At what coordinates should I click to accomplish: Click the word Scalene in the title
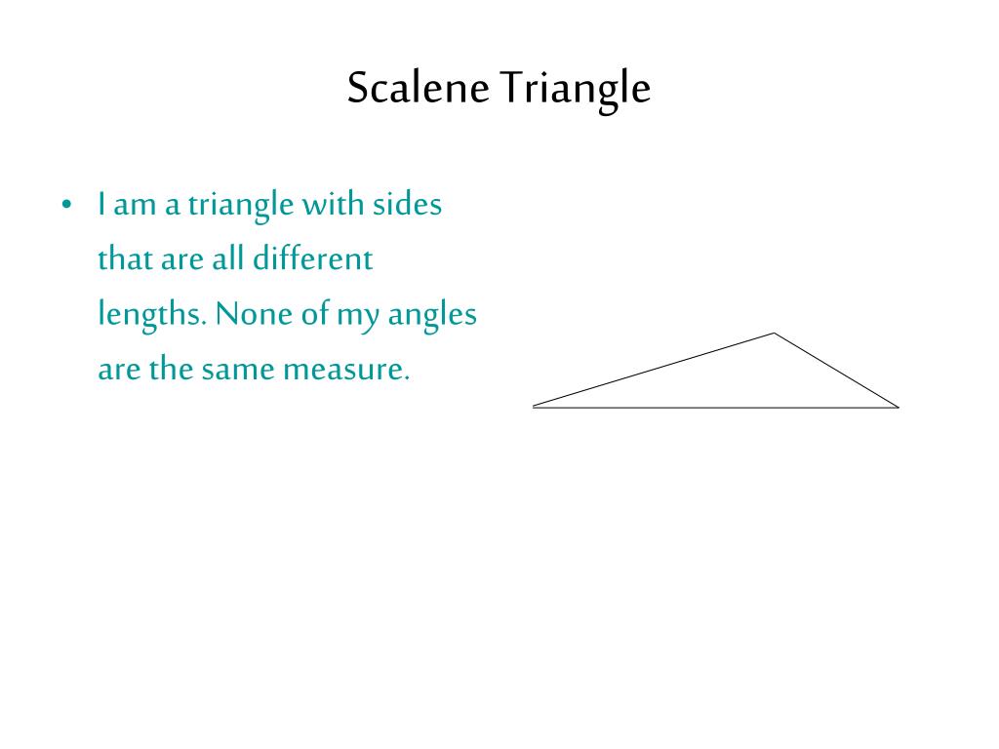[x=420, y=88]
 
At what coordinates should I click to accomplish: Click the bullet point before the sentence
[x=66, y=206]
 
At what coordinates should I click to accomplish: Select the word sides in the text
[x=407, y=205]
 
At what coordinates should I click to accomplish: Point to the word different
[x=312, y=259]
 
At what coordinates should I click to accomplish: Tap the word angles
[x=432, y=316]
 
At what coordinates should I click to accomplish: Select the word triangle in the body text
[x=240, y=207]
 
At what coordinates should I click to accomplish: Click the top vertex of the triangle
[x=775, y=334]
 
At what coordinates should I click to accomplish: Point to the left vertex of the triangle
[x=534, y=406]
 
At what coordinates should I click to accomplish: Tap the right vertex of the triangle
[x=898, y=407]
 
